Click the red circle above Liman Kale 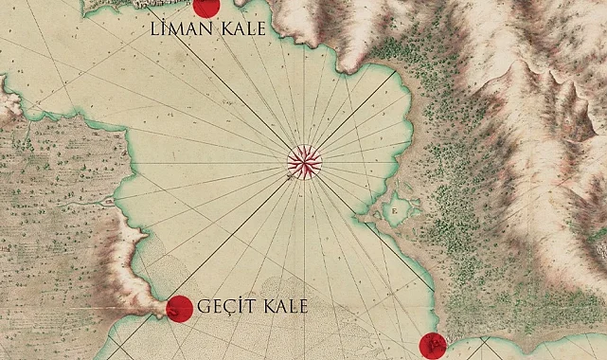(205, 7)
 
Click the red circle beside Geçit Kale (179, 308)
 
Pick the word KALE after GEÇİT (286, 308)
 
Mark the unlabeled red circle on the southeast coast (432, 346)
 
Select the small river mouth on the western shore (112, 202)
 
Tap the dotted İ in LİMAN (168, 30)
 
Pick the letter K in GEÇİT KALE (271, 308)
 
